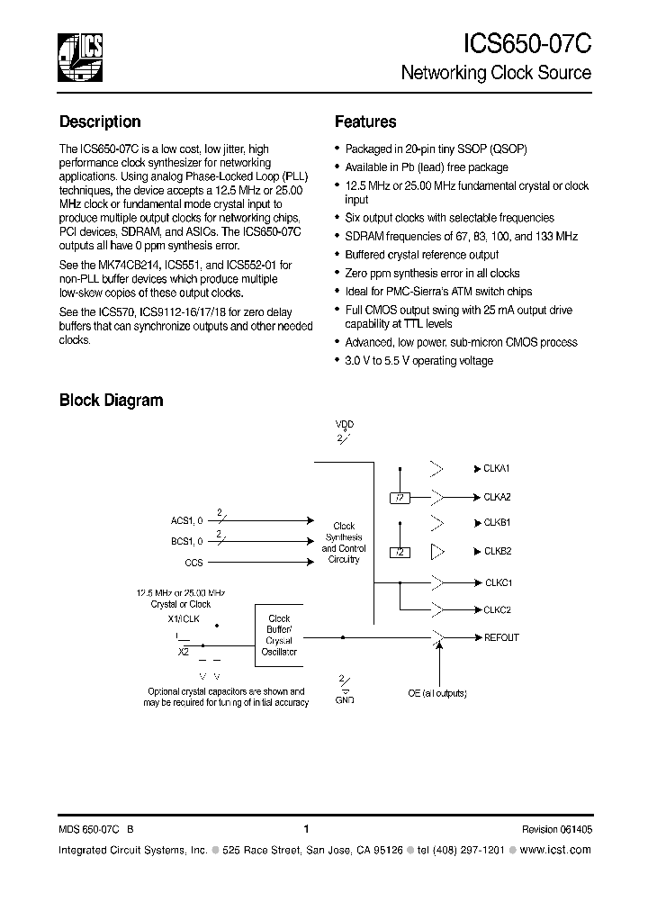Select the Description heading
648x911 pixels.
100,122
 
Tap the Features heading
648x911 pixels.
364,122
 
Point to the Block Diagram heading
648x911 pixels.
111,401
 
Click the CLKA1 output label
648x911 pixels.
497,469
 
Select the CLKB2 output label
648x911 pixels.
497,551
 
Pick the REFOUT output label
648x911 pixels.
501,637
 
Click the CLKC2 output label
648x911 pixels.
497,609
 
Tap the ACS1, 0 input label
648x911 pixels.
187,520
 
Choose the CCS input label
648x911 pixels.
193,563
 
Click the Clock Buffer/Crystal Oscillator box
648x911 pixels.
279,636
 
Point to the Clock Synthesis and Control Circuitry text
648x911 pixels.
344,543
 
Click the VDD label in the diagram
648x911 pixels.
344,425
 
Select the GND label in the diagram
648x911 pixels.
344,699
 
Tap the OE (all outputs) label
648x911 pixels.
439,694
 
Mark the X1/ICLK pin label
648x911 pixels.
184,620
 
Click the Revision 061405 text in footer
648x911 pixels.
556,829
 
